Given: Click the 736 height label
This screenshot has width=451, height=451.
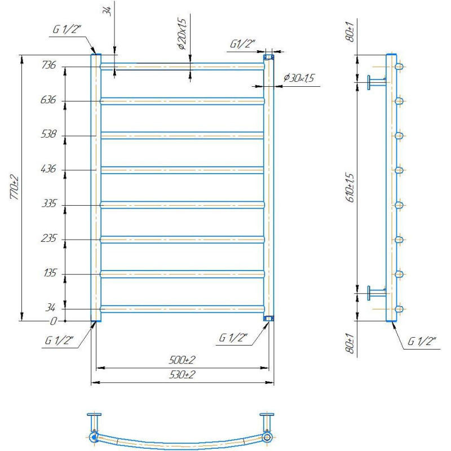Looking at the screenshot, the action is pos(48,65).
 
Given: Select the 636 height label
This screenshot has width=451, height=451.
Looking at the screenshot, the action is pos(48,100).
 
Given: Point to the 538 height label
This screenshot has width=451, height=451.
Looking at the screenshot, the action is pos(48,134).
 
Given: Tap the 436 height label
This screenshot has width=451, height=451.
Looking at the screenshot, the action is pos(48,169).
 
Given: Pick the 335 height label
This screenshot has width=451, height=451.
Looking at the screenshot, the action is pos(49,204).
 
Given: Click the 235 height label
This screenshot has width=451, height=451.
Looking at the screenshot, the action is pos(48,238).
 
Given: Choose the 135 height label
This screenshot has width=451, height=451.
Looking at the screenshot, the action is pos(50,273).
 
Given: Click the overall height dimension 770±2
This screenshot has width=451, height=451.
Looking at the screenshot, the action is pos(14,187).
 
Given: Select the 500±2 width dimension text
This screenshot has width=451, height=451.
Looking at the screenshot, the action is pos(182,360).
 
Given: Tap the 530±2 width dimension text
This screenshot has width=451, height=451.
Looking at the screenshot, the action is pos(182,374).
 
